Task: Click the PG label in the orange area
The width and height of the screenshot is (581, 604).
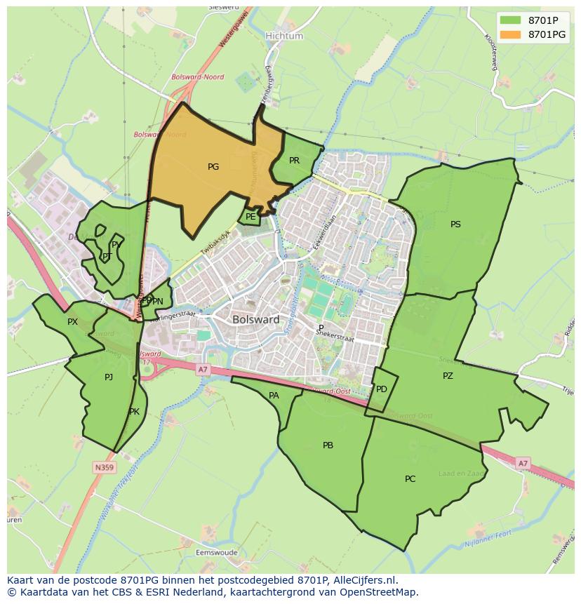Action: click(x=213, y=167)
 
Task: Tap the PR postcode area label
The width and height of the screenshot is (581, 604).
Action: click(x=295, y=161)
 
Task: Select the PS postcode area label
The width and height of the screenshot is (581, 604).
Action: click(x=455, y=224)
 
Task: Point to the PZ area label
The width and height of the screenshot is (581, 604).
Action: click(x=448, y=376)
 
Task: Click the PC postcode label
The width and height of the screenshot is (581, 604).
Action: click(x=410, y=479)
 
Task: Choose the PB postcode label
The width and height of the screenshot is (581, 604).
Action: click(x=328, y=445)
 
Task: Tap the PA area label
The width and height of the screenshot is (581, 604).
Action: click(x=274, y=396)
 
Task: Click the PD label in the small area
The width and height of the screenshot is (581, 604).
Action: click(x=382, y=389)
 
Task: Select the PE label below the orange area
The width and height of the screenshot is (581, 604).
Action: click(x=251, y=217)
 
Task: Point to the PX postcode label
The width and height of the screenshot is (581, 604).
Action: click(x=72, y=322)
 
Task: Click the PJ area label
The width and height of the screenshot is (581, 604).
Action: click(x=109, y=377)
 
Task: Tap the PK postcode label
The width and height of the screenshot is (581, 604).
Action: click(x=134, y=412)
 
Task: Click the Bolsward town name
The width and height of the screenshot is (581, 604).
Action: click(x=256, y=319)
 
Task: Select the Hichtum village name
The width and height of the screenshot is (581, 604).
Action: click(x=284, y=36)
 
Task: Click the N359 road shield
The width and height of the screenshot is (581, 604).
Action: click(x=104, y=467)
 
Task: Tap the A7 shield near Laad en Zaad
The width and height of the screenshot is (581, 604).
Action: click(x=522, y=464)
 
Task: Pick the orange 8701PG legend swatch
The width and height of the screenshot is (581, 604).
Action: click(x=511, y=34)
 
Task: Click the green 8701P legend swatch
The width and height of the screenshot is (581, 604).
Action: click(x=511, y=20)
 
